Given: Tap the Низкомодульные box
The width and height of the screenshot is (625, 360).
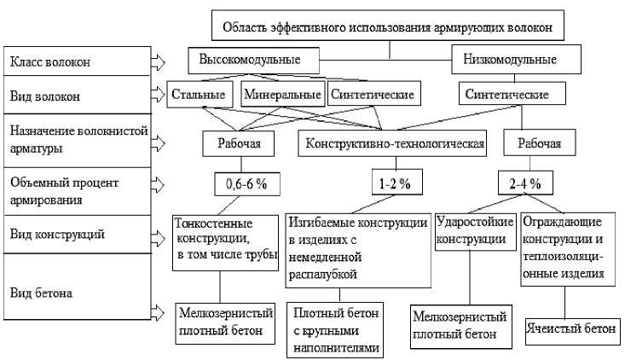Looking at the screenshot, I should pyautogui.click(x=510, y=61).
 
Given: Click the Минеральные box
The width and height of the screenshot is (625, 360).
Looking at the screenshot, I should pyautogui.click(x=282, y=94).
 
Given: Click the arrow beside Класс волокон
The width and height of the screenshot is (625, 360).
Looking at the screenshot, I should pyautogui.click(x=157, y=61).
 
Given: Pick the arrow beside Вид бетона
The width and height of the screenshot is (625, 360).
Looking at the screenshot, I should pyautogui.click(x=157, y=311).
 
